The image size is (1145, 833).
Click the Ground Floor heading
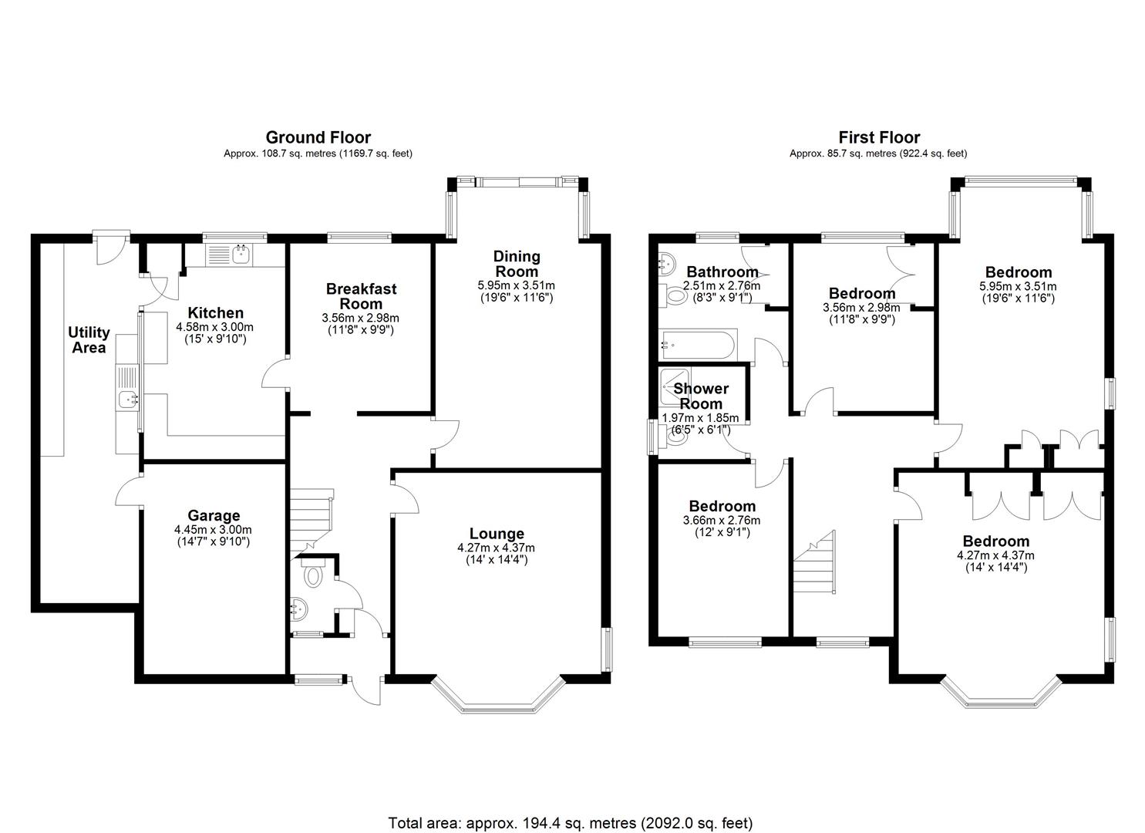(318, 137)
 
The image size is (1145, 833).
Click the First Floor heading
(879, 137)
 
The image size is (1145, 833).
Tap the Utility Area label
(89, 340)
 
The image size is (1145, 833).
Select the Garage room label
(214, 515)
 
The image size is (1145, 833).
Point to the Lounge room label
(497, 533)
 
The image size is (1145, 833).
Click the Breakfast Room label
(362, 296)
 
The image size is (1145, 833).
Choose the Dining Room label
(517, 263)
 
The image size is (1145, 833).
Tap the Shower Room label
(701, 396)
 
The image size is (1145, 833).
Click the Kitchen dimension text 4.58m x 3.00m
(214, 327)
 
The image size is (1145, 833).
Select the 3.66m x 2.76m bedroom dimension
(722, 521)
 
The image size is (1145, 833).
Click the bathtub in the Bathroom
(698, 345)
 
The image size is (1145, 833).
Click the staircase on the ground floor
(312, 522)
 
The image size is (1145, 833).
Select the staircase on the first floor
(815, 562)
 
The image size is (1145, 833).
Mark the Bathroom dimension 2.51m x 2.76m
(721, 286)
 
